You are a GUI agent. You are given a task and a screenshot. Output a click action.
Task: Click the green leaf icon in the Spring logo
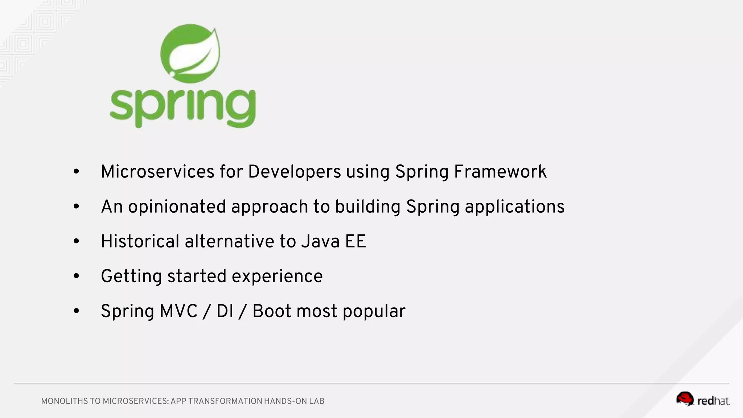coord(190,53)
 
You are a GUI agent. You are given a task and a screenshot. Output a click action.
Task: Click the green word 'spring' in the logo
coord(183,107)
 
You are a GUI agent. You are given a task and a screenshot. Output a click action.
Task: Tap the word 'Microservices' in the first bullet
coord(157,172)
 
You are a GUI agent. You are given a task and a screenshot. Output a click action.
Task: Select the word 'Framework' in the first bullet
coord(500,172)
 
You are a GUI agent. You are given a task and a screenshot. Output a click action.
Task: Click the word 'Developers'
coord(294,172)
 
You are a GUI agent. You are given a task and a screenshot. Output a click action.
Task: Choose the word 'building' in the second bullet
coord(368,207)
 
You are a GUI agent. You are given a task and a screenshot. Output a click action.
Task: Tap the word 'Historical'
coord(140,241)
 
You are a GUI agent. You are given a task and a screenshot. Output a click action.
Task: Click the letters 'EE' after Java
coord(356,241)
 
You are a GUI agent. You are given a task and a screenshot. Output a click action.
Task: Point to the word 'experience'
coord(277,276)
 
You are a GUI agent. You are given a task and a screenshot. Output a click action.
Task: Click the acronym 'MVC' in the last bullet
coord(178,311)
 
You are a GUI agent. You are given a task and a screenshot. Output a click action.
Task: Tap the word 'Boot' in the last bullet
coord(272,311)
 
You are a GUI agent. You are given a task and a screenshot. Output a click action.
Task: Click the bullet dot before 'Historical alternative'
coord(76,241)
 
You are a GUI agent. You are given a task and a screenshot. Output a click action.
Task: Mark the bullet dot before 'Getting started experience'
coord(76,276)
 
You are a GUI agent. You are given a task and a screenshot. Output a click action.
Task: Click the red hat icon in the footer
coord(685,399)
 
